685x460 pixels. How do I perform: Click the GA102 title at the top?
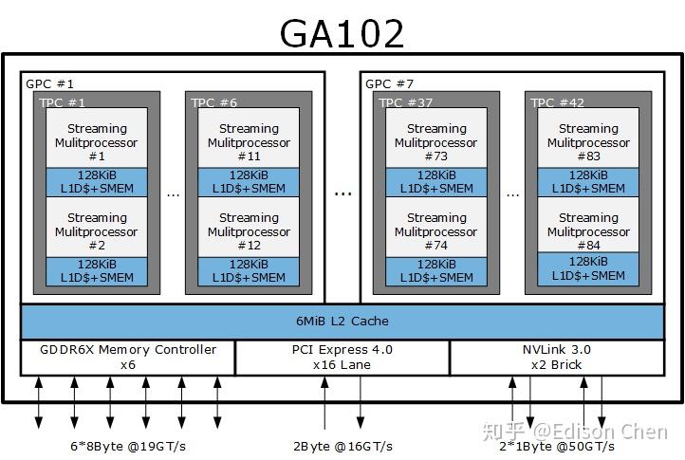tap(342, 33)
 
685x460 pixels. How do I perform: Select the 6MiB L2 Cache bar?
tap(342, 322)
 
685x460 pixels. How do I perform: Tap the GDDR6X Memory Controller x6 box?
tap(128, 357)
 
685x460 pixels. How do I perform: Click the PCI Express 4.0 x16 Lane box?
tap(342, 357)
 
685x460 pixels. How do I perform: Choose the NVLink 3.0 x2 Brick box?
tap(556, 357)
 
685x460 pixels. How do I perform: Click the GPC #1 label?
tap(50, 83)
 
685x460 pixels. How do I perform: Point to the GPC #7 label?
tap(390, 83)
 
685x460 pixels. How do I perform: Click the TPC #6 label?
tap(214, 102)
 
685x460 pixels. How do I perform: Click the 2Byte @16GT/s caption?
tap(342, 445)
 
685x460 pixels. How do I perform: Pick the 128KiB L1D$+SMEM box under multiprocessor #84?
tap(588, 268)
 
